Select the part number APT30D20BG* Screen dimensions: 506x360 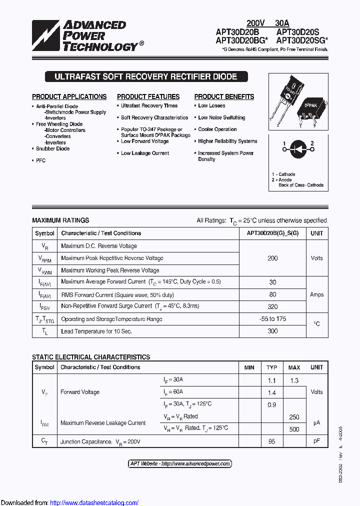click(x=242, y=41)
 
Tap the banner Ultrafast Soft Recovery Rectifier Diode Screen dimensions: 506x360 click(x=145, y=77)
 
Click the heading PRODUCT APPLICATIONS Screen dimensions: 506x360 click(x=69, y=96)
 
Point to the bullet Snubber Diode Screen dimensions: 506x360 click(x=52, y=148)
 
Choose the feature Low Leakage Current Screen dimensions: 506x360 click(x=145, y=153)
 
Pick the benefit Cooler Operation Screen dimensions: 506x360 click(x=217, y=129)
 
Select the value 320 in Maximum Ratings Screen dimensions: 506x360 click(x=272, y=306)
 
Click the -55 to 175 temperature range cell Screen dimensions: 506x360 click(x=272, y=319)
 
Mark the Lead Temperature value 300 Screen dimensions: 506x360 click(x=272, y=331)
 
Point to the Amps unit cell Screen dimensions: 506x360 click(x=316, y=294)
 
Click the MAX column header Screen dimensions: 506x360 click(x=294, y=367)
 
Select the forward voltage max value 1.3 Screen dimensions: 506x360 click(x=294, y=380)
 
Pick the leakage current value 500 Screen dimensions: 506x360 click(x=294, y=429)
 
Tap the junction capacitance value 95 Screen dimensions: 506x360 click(x=271, y=441)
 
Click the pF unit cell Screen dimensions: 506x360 click(x=316, y=441)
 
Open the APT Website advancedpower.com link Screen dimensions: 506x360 click(x=180, y=464)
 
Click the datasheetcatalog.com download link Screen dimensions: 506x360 click(x=94, y=502)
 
